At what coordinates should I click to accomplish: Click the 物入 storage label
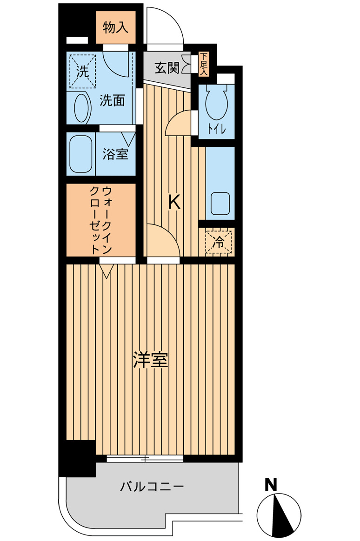click(x=115, y=28)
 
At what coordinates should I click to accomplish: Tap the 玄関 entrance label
click(x=167, y=68)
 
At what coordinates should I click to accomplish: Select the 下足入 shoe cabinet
click(x=204, y=64)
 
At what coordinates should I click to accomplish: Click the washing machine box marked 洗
click(x=82, y=71)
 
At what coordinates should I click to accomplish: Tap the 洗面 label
click(x=113, y=100)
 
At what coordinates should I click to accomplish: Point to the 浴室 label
click(x=115, y=154)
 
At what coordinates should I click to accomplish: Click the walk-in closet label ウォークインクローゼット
click(x=101, y=219)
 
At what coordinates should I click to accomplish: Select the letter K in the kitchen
click(x=174, y=202)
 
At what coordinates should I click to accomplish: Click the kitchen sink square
click(x=220, y=203)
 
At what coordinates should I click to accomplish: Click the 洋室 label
click(x=151, y=360)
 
